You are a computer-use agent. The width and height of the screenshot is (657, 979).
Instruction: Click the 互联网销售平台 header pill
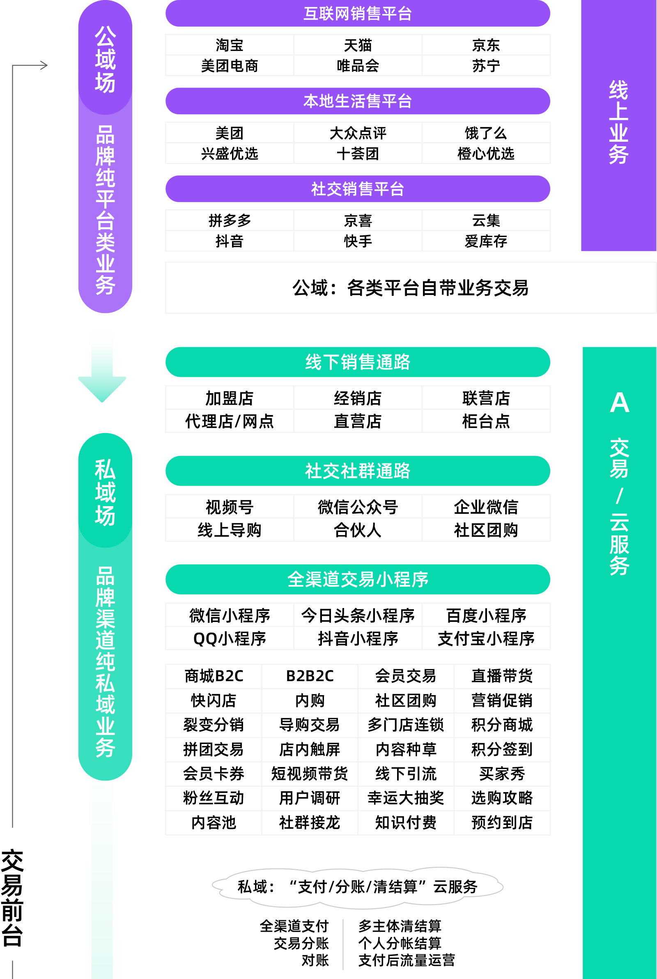click(357, 14)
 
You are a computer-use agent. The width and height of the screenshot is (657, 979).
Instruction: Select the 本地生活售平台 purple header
click(357, 101)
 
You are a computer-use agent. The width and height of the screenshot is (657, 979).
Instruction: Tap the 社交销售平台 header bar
click(357, 189)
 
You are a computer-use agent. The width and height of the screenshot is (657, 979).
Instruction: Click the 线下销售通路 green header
click(357, 362)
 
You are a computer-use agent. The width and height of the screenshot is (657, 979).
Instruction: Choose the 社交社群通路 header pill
click(357, 471)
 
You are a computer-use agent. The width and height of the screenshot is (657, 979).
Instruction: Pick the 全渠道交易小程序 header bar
click(357, 579)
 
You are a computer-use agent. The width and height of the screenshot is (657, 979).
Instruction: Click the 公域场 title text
click(105, 59)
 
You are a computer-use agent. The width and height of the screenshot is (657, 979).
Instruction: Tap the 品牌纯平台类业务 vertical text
click(105, 210)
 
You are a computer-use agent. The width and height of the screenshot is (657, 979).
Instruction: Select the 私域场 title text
click(105, 492)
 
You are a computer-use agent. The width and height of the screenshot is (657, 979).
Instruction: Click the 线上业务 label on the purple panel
click(618, 122)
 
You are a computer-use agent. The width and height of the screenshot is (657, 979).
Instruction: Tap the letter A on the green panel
click(620, 403)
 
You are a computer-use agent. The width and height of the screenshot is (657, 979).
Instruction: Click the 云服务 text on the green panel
click(619, 544)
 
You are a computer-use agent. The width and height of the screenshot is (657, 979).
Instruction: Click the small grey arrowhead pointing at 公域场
click(44, 65)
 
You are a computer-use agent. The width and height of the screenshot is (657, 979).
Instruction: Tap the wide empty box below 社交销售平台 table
click(411, 288)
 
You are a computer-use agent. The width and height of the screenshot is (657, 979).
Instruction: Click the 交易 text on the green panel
click(619, 458)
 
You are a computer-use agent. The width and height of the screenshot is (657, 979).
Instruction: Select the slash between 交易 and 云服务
click(620, 496)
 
